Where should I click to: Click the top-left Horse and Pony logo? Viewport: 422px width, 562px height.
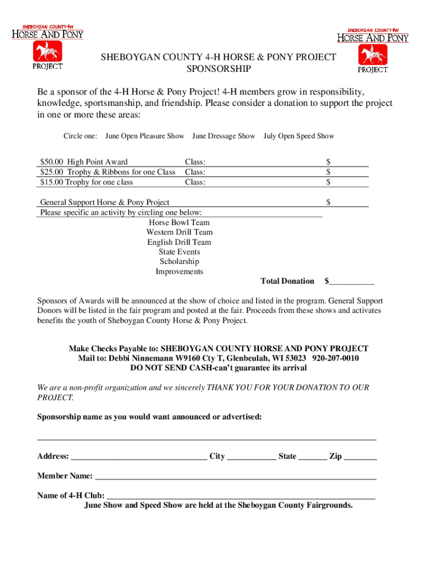click(48, 47)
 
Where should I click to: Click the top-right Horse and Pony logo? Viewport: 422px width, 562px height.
click(373, 50)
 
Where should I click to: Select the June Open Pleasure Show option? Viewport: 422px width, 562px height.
click(145, 136)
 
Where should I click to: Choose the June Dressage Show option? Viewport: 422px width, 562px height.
click(224, 136)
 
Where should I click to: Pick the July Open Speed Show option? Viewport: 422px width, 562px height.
click(299, 136)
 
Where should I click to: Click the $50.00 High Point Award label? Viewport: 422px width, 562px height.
click(84, 162)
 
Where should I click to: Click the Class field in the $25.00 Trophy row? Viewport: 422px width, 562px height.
click(252, 172)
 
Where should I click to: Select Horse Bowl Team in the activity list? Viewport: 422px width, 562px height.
click(179, 223)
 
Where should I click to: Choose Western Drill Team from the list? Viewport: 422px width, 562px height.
click(179, 233)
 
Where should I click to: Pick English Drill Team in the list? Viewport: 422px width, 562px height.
click(179, 243)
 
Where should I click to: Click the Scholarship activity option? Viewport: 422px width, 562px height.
click(179, 262)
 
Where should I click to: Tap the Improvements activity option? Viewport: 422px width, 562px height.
click(179, 272)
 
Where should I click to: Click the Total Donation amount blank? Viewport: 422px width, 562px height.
click(352, 282)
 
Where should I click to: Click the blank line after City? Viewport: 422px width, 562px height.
click(252, 457)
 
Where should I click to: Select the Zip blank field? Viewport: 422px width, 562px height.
click(360, 457)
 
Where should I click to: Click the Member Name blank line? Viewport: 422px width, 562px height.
click(236, 476)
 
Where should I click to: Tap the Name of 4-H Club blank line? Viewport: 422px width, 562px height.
click(241, 496)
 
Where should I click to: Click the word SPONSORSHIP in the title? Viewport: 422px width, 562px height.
click(219, 69)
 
